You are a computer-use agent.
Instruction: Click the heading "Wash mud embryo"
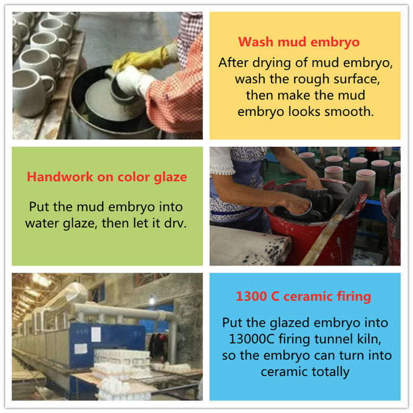299,42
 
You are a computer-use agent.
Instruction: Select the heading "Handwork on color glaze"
107,177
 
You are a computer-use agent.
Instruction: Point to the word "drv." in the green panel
176,224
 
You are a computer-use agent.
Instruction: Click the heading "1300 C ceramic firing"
304,296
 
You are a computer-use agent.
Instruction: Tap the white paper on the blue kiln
95,334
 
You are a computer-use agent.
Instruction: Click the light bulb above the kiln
152,301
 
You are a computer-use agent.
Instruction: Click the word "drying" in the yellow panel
271,63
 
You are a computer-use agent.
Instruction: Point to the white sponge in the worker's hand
132,79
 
